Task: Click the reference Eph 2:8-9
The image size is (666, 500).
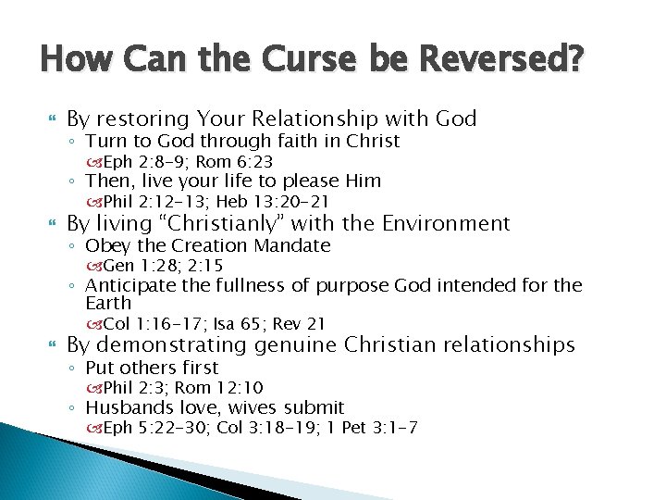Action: [138, 161]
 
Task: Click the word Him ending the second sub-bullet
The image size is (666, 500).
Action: [363, 181]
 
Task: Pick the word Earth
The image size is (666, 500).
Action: [108, 303]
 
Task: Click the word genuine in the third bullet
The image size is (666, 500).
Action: [290, 345]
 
